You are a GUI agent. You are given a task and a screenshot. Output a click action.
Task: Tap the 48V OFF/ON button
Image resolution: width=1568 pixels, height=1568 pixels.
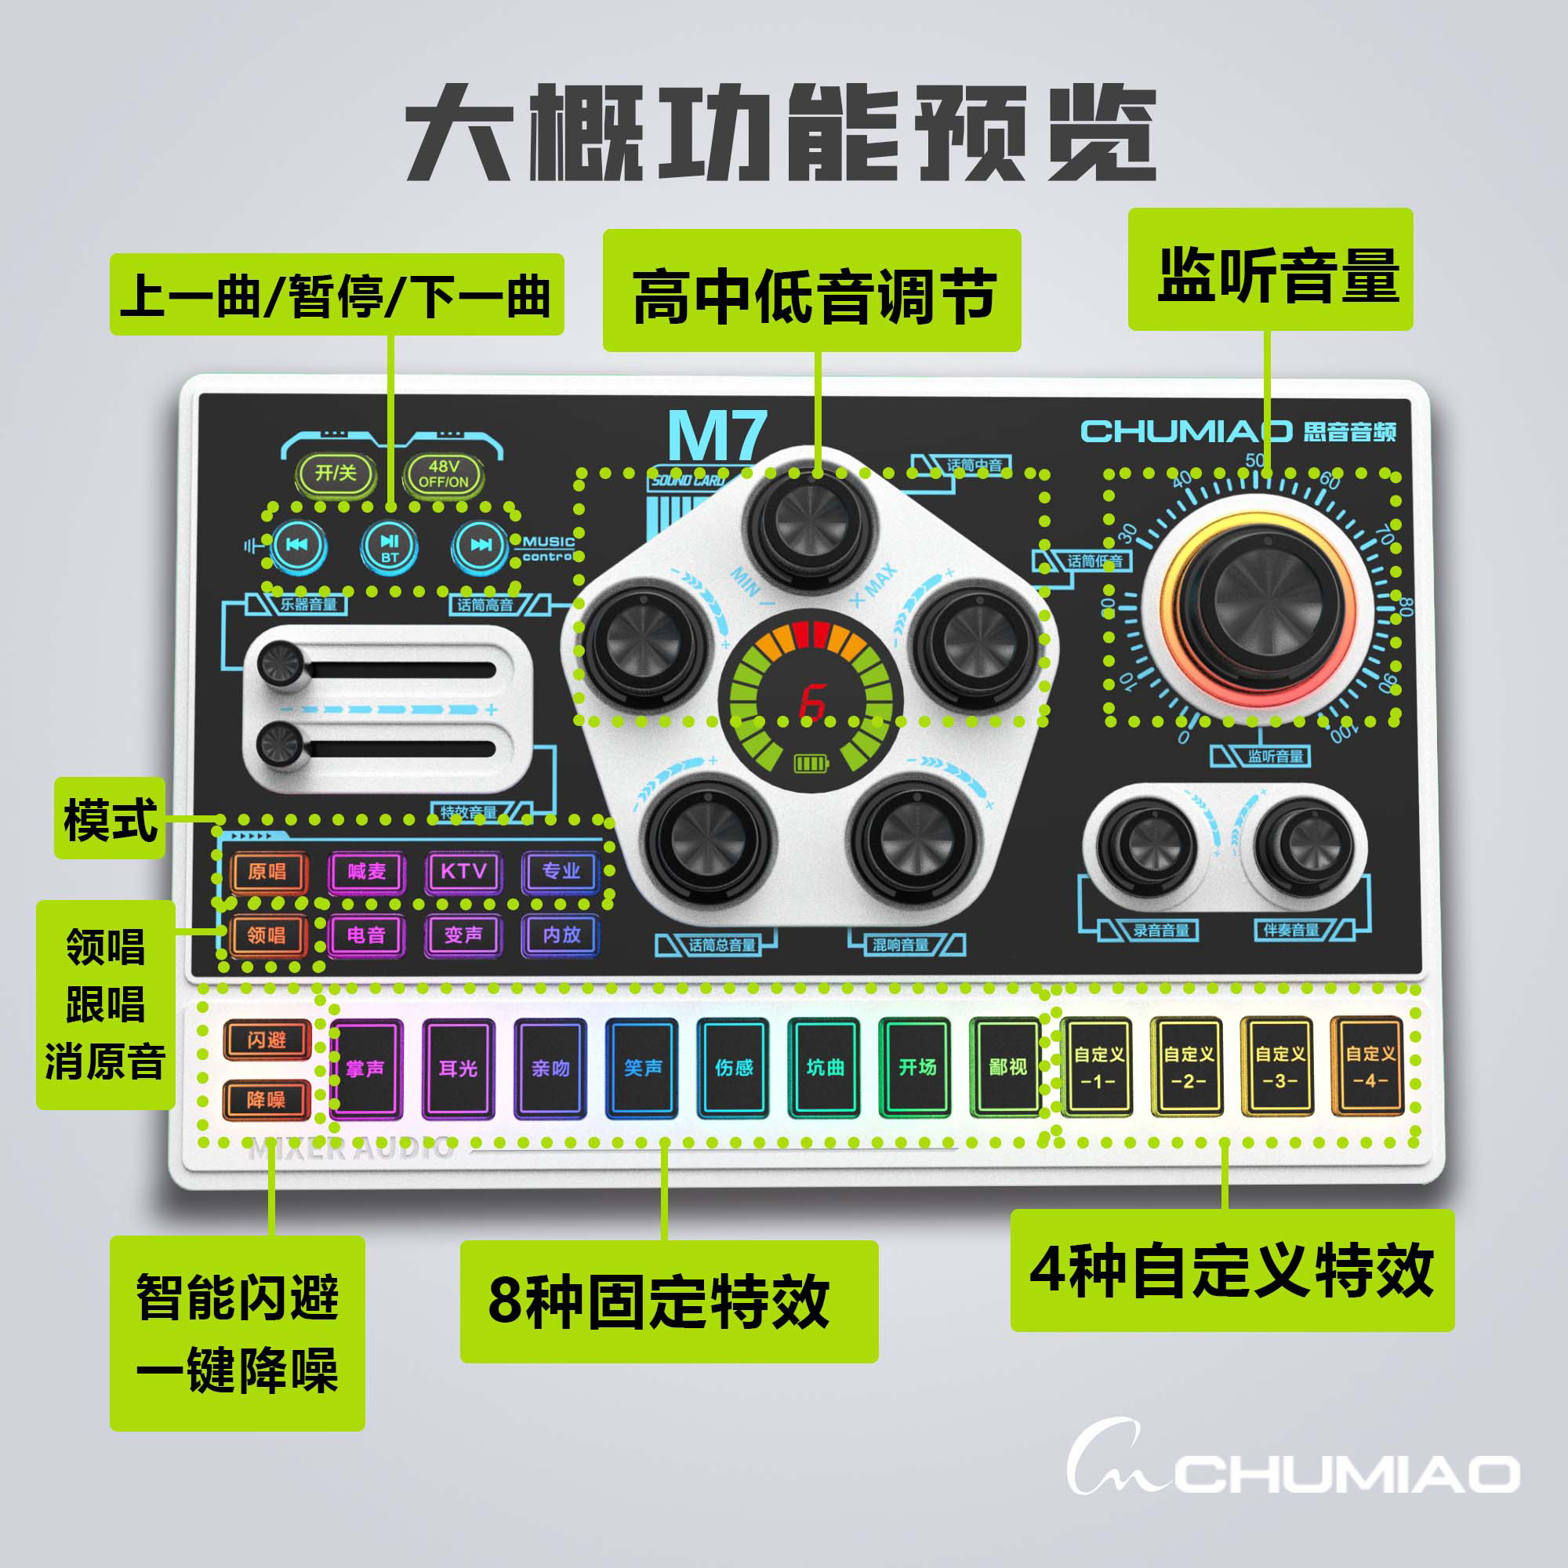444,474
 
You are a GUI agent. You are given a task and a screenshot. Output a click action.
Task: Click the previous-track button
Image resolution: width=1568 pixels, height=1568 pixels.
298,545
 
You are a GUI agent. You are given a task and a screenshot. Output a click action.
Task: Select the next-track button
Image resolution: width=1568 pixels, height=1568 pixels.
481,545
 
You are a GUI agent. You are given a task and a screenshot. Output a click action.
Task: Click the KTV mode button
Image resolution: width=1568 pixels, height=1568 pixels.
463,872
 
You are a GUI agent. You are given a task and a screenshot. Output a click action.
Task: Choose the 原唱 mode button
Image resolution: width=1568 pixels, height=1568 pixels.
267,872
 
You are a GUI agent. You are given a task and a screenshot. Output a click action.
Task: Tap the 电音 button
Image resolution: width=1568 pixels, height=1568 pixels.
366,935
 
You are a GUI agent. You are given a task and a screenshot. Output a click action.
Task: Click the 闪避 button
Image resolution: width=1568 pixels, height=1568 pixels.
267,1040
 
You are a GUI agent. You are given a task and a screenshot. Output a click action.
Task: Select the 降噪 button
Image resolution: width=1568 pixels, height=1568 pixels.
267,1100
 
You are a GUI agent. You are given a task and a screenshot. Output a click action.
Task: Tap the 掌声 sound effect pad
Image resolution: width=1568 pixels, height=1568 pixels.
366,1067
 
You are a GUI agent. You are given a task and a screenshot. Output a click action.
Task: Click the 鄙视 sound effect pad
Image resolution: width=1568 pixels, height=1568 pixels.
1008,1067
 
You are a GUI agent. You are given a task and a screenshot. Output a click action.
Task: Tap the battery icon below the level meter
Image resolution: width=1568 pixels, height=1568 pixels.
812,764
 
